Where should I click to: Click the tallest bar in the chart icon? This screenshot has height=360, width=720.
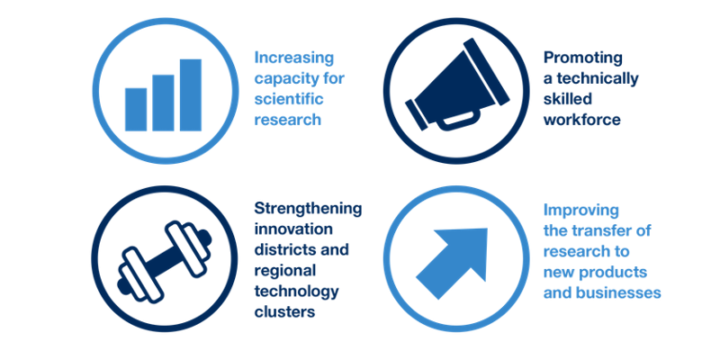[191, 95]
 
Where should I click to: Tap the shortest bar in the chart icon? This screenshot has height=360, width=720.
[136, 109]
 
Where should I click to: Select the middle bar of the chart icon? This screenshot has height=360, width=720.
[163, 103]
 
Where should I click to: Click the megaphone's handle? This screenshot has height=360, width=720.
[458, 119]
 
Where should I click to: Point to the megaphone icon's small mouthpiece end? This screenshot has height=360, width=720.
[417, 115]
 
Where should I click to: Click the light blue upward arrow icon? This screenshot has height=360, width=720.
[452, 264]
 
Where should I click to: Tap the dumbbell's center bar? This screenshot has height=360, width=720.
[165, 262]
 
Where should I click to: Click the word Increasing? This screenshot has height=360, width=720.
[294, 58]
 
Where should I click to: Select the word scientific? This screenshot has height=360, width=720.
[289, 99]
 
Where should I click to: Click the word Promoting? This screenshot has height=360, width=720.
[583, 58]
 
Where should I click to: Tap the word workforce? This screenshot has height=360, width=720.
[582, 120]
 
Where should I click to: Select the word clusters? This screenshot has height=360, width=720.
[284, 311]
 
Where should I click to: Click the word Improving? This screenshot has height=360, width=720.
[581, 211]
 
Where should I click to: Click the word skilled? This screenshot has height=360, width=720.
[568, 99]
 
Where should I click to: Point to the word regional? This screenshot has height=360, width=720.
[285, 271]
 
